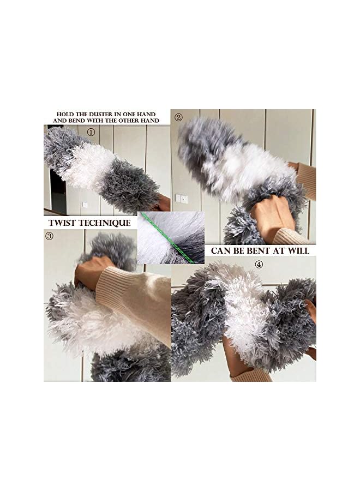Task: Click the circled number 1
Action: [x=91, y=131]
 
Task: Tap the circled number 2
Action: [x=178, y=117]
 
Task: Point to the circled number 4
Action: [x=259, y=264]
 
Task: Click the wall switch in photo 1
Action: [x=85, y=204]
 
